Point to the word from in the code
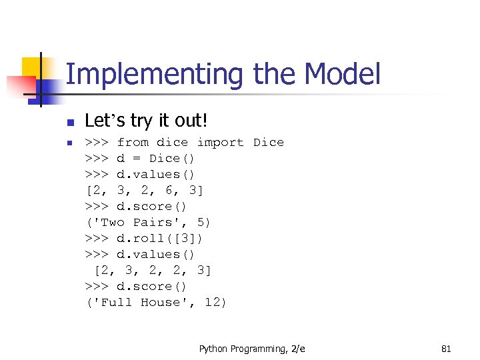click(133, 142)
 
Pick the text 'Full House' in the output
click(141, 302)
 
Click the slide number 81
click(446, 349)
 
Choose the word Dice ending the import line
click(268, 142)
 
